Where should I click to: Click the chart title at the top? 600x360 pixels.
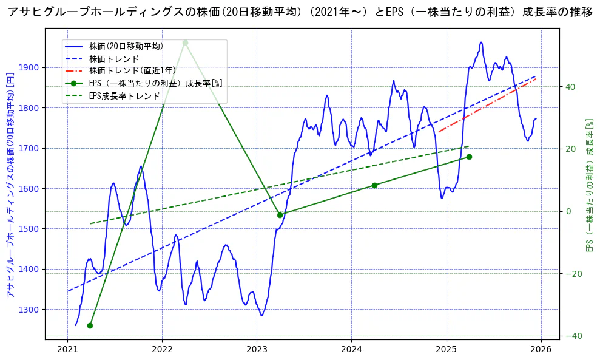click(x=300, y=13)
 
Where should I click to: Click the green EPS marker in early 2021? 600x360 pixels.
click(x=90, y=325)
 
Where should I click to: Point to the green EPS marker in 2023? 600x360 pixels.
click(x=280, y=215)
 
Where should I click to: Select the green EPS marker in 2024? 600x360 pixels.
click(x=374, y=185)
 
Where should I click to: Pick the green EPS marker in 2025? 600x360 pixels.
click(x=469, y=157)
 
